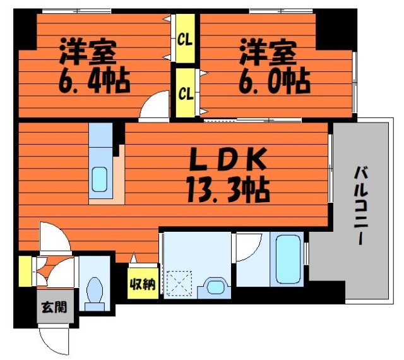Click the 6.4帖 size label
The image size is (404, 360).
pos(95,81)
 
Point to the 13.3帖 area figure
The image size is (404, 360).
pos(229,188)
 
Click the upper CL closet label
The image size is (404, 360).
pos(185,40)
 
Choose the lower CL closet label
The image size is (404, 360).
pos(185,94)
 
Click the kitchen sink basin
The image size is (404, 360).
pos(100,179)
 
